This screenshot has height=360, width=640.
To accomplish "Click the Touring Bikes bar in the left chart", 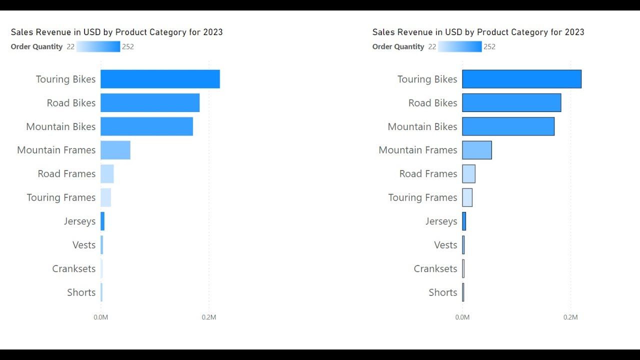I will click(160, 79).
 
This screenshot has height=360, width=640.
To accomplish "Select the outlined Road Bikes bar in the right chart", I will click(511, 102).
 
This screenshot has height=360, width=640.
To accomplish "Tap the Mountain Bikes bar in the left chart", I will click(146, 126).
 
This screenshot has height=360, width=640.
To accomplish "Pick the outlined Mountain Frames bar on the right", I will click(477, 150).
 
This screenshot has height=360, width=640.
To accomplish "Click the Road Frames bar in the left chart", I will click(107, 174).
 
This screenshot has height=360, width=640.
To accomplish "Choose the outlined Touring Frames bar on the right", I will click(467, 197).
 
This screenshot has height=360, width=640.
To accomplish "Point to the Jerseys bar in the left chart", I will click(102, 221).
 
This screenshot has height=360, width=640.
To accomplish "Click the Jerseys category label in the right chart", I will click(441, 221).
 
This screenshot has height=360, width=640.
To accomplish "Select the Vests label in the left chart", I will click(83, 245).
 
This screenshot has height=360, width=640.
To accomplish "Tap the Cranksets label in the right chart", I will click(435, 268).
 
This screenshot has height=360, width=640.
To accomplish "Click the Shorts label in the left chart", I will click(81, 292).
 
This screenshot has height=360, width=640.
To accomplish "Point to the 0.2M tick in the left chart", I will click(209, 317).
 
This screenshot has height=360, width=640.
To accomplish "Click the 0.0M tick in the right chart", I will click(462, 317).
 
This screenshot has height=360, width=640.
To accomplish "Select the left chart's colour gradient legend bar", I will click(98, 46).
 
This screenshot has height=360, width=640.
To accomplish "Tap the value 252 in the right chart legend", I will click(489, 46).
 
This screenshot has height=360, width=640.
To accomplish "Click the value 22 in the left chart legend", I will click(70, 46).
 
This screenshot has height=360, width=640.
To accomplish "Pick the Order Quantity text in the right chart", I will click(398, 46).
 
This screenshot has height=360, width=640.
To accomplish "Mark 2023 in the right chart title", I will click(574, 32).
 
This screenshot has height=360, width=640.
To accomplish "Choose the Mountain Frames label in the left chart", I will click(56, 150).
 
